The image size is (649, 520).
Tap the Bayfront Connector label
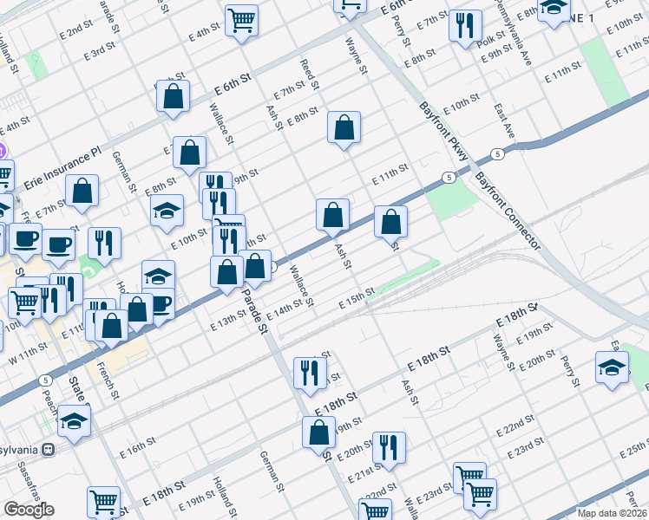pyautogui.click(x=508, y=211)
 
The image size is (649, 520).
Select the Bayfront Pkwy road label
pyautogui.click(x=443, y=130)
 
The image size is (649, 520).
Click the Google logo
pyautogui.click(x=29, y=510)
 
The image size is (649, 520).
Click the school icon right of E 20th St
pyautogui.click(x=613, y=367)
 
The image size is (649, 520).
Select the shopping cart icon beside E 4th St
pyautogui.click(x=240, y=21)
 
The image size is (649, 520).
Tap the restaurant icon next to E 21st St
pyautogui.click(x=389, y=448)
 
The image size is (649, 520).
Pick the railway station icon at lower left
pyautogui.click(x=49, y=450)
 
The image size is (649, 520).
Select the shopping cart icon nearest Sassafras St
pyautogui.click(x=103, y=502)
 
